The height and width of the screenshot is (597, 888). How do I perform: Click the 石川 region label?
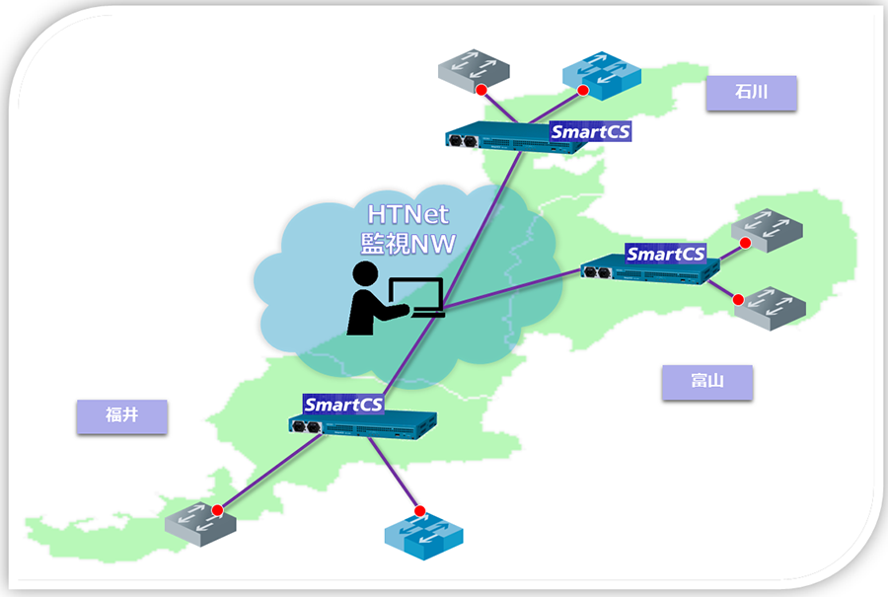pos(751,93)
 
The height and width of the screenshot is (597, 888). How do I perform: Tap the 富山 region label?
pos(706,382)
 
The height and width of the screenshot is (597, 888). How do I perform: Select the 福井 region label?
pos(121,415)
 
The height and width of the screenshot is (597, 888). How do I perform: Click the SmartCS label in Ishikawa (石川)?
pos(589,131)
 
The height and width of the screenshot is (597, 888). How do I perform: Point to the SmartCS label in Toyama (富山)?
pos(665,254)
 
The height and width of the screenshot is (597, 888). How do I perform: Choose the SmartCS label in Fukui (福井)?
pos(342,404)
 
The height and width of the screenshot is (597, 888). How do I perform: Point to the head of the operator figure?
pos(365,275)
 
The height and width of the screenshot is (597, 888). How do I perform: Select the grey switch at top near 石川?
pos(474,72)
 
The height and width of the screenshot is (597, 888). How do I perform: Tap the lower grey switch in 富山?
pos(770,307)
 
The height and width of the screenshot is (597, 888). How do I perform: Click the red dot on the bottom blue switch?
pos(419,511)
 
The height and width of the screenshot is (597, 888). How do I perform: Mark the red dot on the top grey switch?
pos(481,91)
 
